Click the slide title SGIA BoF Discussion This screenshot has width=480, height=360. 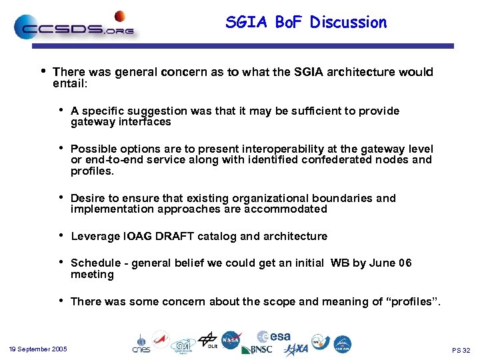pos(306,23)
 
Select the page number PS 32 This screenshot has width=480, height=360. pos(461,350)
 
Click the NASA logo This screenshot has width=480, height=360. pos(231,339)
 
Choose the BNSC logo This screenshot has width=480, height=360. pos(257,349)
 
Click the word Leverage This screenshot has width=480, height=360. pos(93,237)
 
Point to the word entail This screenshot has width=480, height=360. pos(69,85)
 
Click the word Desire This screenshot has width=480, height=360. pos(87,199)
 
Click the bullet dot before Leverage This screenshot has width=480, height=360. pos(61,235)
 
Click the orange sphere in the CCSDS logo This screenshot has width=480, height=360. pos(120,15)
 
